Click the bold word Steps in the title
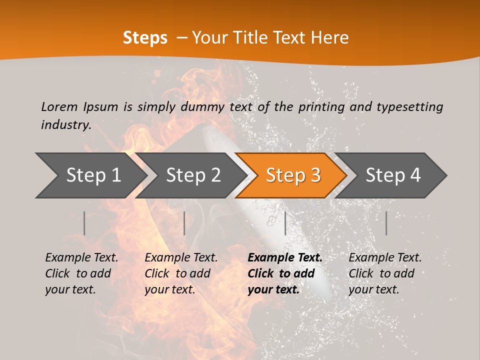[145, 38]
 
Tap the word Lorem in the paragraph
[59, 107]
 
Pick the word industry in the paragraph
[66, 125]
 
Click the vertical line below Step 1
[84, 223]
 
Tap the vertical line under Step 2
[184, 223]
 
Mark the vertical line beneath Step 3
[285, 223]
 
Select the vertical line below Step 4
[386, 223]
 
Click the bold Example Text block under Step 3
[285, 273]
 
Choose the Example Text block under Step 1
[81, 273]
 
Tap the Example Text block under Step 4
[385, 273]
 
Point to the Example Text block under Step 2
[181, 273]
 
